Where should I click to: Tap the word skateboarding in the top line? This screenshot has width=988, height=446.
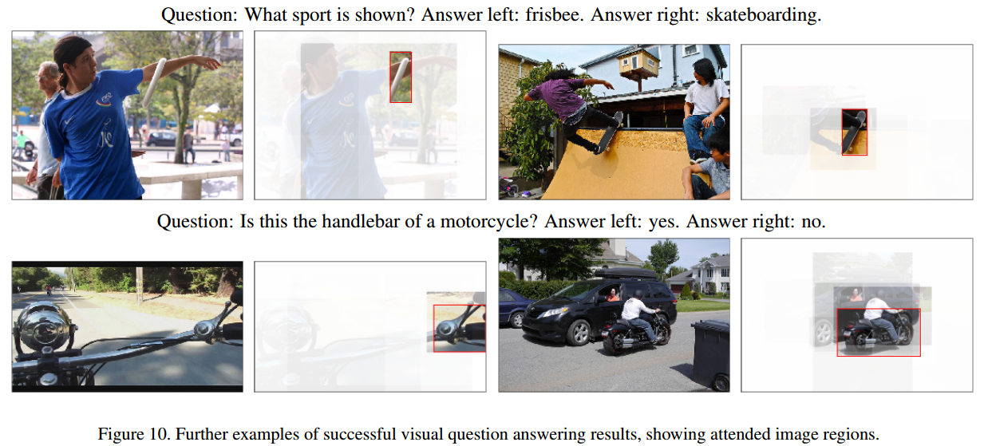click(763, 15)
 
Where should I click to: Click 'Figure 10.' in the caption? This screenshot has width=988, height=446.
click(133, 434)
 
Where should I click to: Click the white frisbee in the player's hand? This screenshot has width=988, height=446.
click(154, 82)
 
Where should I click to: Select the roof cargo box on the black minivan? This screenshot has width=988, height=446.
click(626, 273)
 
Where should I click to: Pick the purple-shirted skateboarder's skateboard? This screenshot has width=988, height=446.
click(609, 132)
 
